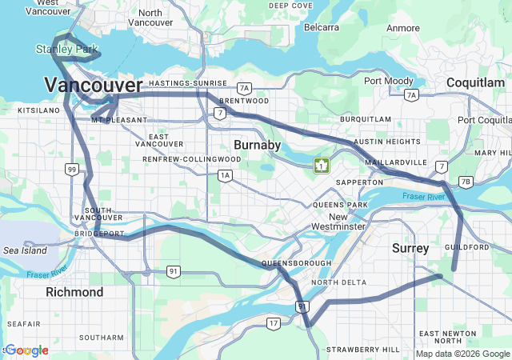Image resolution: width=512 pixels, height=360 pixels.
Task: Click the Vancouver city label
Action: (x=94, y=85)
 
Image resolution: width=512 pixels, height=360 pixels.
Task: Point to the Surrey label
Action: (x=411, y=249)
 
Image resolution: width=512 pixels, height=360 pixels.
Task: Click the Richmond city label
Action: (x=74, y=292)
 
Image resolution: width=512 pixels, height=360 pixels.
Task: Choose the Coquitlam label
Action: (x=475, y=82)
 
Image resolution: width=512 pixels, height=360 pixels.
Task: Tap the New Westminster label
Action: (x=338, y=222)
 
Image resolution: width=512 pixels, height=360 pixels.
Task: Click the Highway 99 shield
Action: (x=72, y=169)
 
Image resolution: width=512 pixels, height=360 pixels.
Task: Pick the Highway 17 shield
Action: (x=274, y=323)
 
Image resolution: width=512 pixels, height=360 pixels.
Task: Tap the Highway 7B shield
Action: (x=466, y=182)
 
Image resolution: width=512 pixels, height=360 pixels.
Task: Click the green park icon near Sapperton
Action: (x=322, y=165)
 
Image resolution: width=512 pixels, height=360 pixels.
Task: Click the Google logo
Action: (x=26, y=350)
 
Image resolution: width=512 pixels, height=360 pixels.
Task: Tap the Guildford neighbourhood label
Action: (x=467, y=247)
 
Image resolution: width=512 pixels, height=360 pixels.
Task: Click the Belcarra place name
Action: (x=322, y=27)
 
